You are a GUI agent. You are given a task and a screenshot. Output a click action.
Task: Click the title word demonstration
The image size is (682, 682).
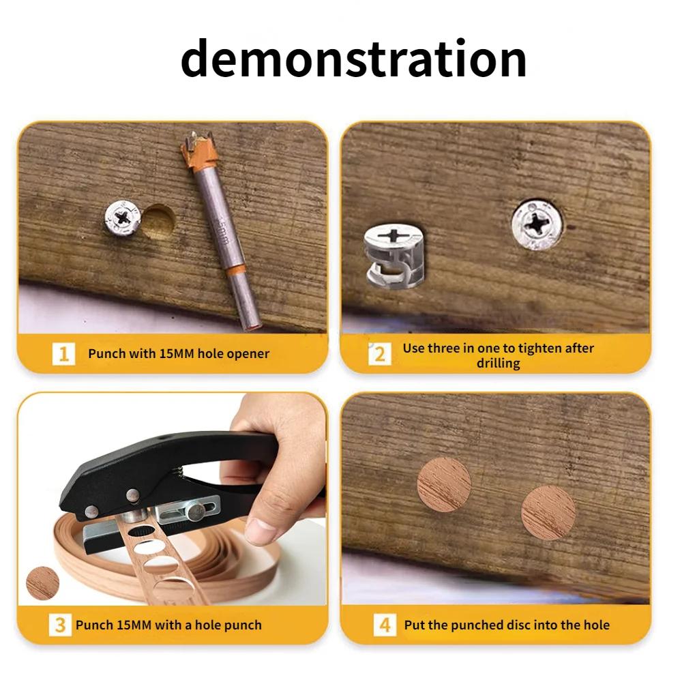(353, 59)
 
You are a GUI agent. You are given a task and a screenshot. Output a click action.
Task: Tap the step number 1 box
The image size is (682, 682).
(63, 354)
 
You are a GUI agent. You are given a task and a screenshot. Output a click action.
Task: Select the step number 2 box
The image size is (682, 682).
(380, 354)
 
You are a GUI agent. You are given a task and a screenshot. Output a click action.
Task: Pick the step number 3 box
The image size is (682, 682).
(60, 625)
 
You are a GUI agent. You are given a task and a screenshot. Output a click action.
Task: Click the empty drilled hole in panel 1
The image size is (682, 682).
(158, 220)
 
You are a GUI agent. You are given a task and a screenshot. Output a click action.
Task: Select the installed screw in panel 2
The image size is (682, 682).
(537, 224)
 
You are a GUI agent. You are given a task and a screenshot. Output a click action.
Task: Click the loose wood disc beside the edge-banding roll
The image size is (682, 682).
(42, 584)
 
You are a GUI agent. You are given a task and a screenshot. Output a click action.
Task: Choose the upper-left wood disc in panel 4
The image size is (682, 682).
(444, 484)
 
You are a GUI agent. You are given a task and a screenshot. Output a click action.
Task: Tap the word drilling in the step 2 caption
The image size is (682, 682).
(499, 364)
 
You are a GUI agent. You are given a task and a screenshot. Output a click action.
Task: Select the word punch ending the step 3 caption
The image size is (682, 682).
(244, 625)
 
